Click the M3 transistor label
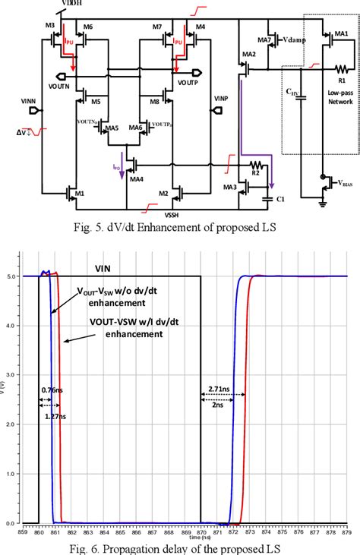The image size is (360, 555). (50, 26)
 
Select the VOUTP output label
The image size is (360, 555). (189, 80)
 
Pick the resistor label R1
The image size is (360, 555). (341, 79)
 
